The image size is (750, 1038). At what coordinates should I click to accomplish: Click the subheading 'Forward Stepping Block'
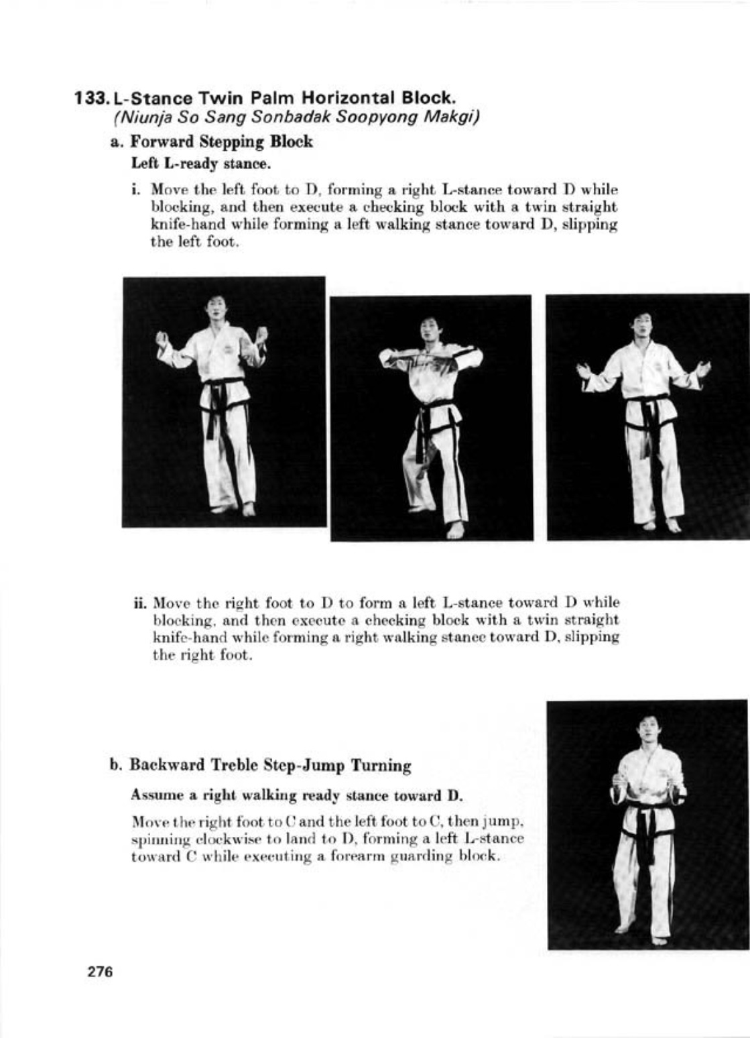pos(221,142)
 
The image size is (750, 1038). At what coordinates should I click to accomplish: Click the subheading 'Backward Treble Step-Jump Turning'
pos(269,765)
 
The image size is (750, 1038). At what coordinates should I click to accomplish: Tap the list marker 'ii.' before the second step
pos(141,603)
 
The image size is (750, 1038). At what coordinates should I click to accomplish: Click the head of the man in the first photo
pos(216,309)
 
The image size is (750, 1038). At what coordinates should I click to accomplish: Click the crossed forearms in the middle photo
pos(430,360)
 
